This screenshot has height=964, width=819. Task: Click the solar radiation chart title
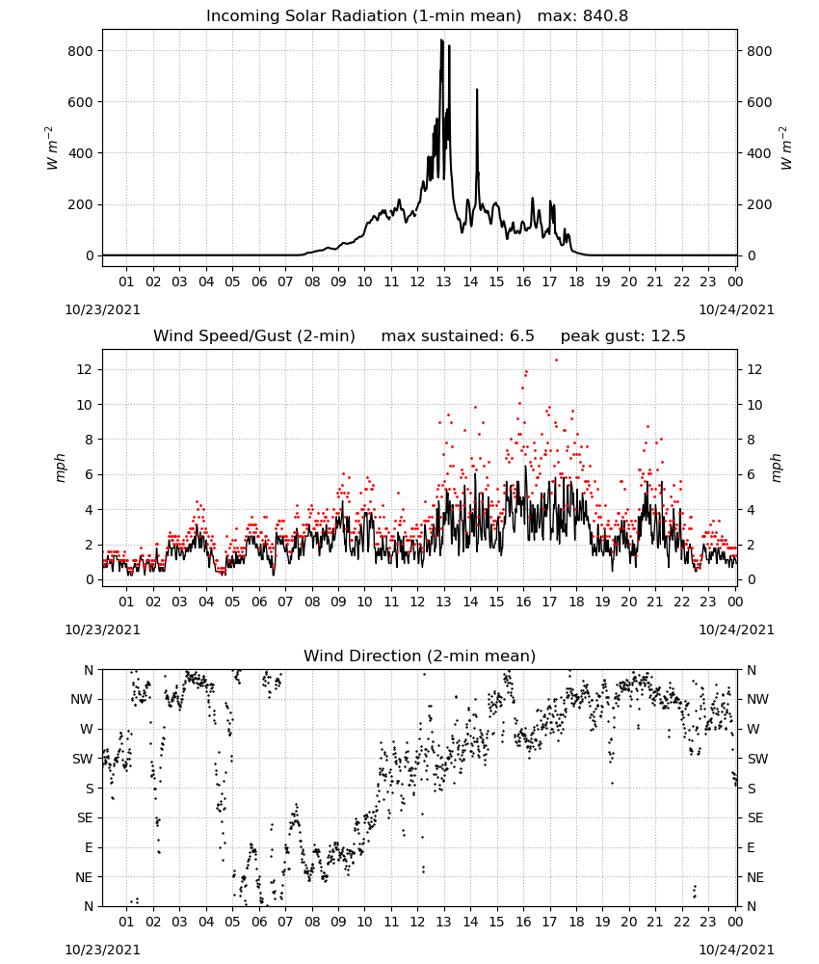pos(417,15)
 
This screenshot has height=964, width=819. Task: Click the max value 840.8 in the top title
pos(605,15)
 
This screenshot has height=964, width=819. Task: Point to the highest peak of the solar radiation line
pos(441,40)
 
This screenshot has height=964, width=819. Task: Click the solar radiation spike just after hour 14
pos(477,91)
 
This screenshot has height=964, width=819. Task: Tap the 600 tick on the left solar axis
pos(81,102)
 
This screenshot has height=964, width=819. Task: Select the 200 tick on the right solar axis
pos(759,204)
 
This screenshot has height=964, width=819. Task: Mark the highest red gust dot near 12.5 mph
pos(556,361)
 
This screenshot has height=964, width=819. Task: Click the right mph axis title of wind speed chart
pos(776,468)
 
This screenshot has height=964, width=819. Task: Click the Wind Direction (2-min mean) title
pos(420,656)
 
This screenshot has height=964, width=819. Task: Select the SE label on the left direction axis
pos(85,817)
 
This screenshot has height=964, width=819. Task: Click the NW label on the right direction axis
pos(757,699)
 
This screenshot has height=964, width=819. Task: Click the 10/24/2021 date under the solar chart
pos(737,309)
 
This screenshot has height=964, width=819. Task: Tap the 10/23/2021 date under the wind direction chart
pos(102,950)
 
